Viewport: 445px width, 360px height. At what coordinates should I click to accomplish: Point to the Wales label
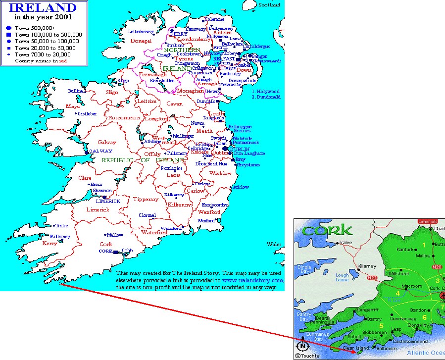tap(274, 245)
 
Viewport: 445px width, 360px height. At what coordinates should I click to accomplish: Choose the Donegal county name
tap(141, 41)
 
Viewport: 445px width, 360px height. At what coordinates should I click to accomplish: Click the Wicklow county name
tap(220, 173)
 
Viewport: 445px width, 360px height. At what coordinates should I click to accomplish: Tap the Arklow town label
tap(241, 187)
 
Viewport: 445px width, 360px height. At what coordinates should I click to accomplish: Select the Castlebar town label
tap(87, 114)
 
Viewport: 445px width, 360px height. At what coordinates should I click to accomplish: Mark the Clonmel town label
tap(147, 215)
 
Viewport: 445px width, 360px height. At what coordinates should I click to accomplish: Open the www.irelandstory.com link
tap(253, 280)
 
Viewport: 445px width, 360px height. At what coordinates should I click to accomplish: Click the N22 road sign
tap(371, 278)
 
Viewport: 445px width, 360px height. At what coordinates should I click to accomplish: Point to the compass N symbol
tap(302, 346)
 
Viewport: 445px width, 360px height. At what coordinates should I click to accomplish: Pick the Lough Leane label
tap(342, 277)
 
